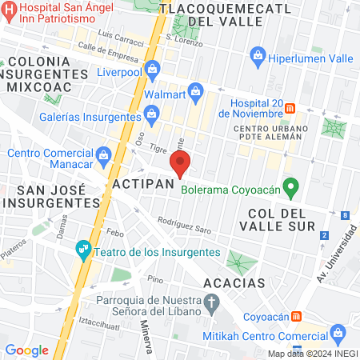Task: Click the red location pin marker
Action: coord(180,166)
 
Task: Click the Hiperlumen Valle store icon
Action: coord(258,55)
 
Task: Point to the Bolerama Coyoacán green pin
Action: coord(292,190)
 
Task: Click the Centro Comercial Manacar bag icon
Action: coord(103,154)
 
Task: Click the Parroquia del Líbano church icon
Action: coord(211,304)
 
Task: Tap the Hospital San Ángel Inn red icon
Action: coord(7,10)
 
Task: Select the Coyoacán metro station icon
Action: coord(298,315)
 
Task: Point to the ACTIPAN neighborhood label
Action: coord(144,185)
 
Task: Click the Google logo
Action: coord(26,350)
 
